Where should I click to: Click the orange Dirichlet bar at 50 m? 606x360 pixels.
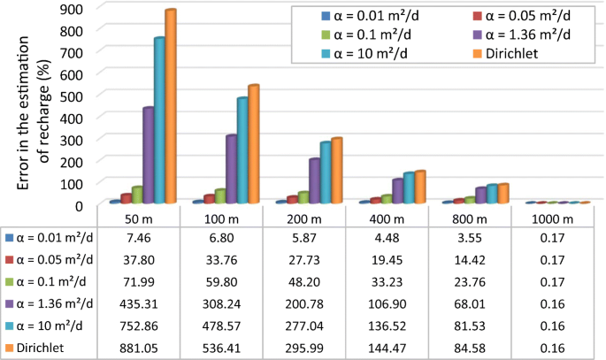[170, 106]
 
